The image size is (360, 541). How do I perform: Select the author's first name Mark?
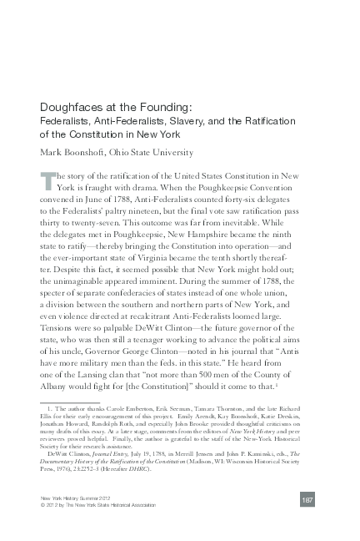(x=52, y=152)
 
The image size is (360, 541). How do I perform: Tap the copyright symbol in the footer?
(x=42, y=528)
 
